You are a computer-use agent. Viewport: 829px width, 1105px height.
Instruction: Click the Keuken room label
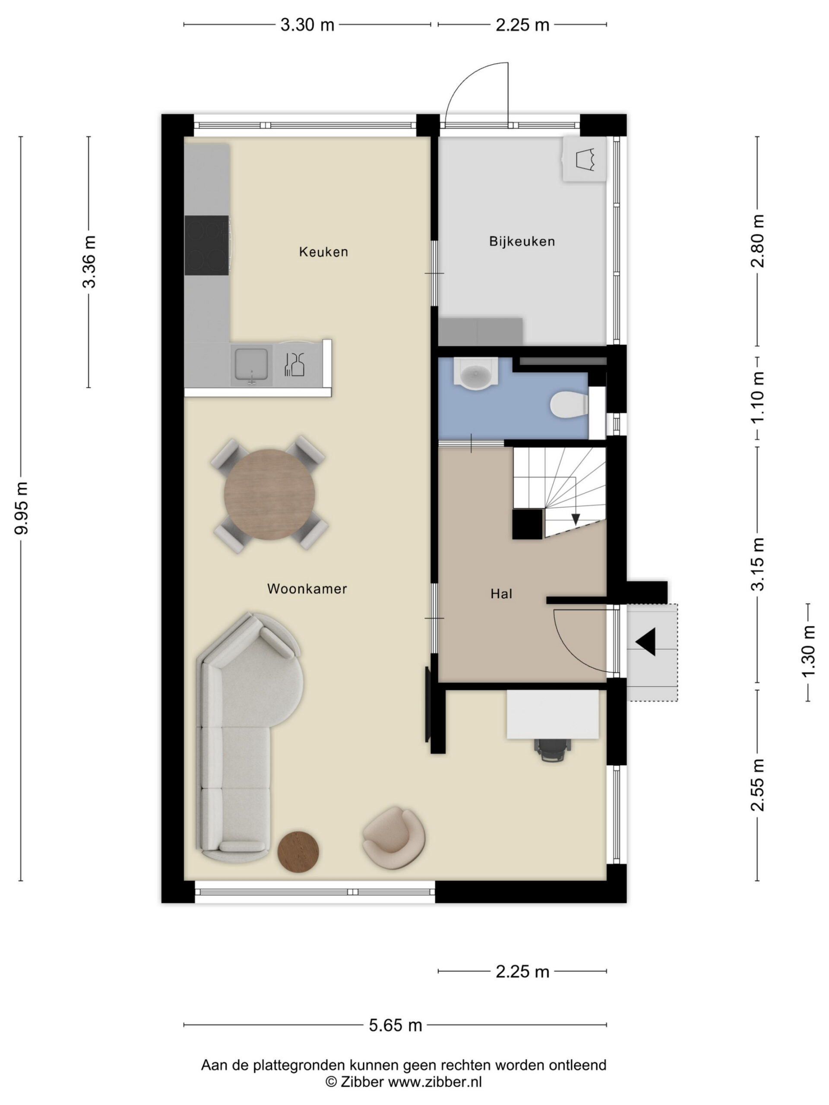323,252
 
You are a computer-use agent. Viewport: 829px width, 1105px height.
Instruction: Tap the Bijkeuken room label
522,241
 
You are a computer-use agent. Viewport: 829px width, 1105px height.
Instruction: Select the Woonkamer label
307,588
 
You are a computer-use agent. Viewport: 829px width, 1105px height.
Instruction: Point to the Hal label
501,594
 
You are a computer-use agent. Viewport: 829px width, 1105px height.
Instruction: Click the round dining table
269,495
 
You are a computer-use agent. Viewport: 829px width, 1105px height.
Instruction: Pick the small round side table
298,852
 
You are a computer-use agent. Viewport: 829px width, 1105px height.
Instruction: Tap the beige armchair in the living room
394,838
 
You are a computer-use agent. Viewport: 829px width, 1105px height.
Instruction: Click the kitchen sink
251,365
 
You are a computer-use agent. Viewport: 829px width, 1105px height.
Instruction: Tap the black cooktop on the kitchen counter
207,245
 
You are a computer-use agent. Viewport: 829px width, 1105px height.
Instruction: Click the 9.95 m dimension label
22,508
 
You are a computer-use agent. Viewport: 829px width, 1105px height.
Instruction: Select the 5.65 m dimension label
395,1025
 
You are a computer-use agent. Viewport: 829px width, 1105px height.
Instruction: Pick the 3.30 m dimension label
307,25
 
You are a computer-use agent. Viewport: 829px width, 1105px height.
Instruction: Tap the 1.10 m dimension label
758,397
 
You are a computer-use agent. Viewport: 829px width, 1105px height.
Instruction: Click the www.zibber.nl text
435,1082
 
